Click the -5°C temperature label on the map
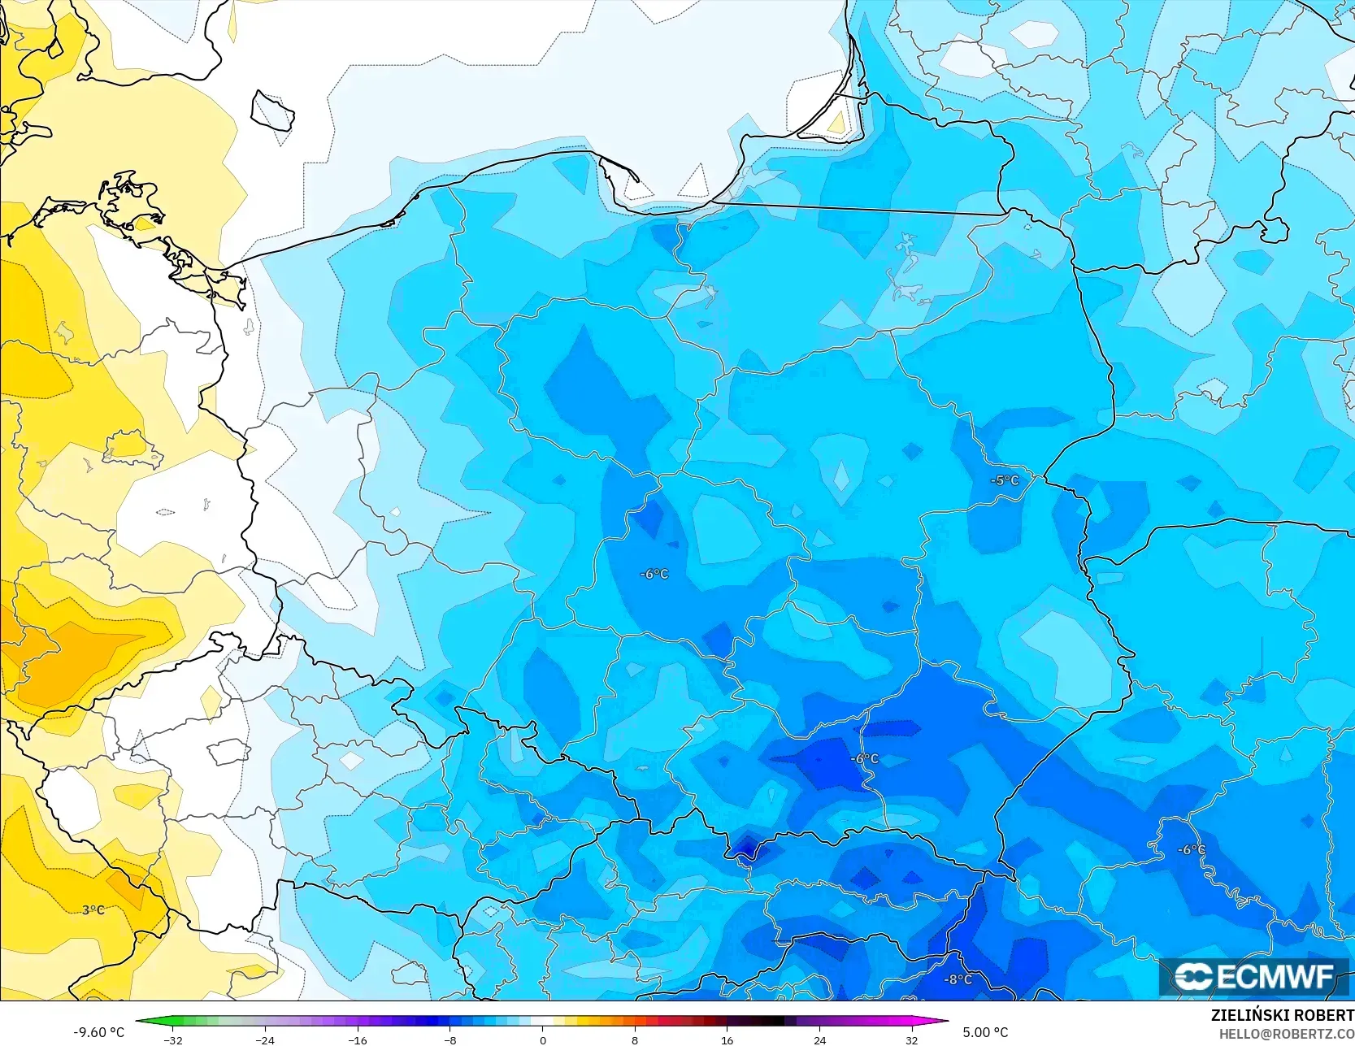pos(1005,480)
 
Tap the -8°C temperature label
pos(958,979)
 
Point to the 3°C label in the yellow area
pos(93,909)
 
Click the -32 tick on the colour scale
pos(173,1039)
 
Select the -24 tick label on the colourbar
pos(265,1039)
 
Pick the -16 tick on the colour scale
pos(358,1039)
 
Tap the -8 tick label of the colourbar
pos(450,1039)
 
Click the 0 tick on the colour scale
pos(543,1039)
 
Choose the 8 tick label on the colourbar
pos(635,1039)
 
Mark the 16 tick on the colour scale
pos(727,1039)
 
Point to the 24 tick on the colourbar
pos(819,1039)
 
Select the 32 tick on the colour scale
pos(912,1039)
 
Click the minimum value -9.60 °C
pos(99,1032)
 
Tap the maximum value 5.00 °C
pos(985,1032)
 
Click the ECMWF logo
pos(1255,977)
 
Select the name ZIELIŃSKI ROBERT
pos(1282,1016)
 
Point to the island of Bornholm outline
pos(272,111)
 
